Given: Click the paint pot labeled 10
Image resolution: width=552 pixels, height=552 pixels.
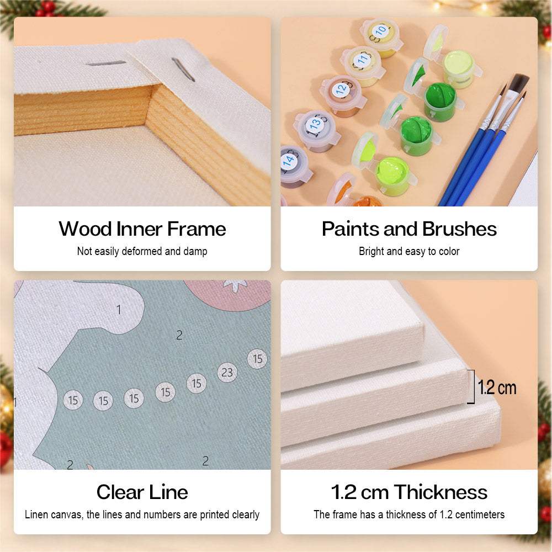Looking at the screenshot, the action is click(381, 38).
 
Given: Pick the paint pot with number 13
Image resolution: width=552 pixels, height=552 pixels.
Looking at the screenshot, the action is click(316, 130).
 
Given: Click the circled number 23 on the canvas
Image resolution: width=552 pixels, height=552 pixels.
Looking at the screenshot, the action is click(227, 372).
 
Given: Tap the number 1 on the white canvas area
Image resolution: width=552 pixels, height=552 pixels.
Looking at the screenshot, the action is click(119, 310).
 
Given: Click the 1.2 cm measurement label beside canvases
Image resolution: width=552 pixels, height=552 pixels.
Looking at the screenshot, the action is click(497, 388).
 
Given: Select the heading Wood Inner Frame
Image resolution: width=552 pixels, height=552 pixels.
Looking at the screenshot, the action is click(142, 229).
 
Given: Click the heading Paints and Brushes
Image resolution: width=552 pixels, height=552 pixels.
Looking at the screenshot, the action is click(409, 229).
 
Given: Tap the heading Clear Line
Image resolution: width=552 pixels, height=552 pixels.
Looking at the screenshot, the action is click(142, 492).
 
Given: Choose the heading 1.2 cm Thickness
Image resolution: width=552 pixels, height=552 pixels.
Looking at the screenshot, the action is click(409, 492).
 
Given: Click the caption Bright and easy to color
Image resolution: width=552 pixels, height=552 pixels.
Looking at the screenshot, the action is click(409, 251).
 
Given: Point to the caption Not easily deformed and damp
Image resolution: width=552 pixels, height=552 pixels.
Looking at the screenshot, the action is click(142, 251).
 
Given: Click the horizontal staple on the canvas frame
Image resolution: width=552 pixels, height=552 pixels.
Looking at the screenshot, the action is click(106, 63).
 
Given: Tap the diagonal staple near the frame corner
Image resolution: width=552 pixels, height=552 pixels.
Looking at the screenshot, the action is click(183, 70).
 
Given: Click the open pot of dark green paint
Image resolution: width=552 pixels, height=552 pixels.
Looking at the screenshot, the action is click(440, 100).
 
